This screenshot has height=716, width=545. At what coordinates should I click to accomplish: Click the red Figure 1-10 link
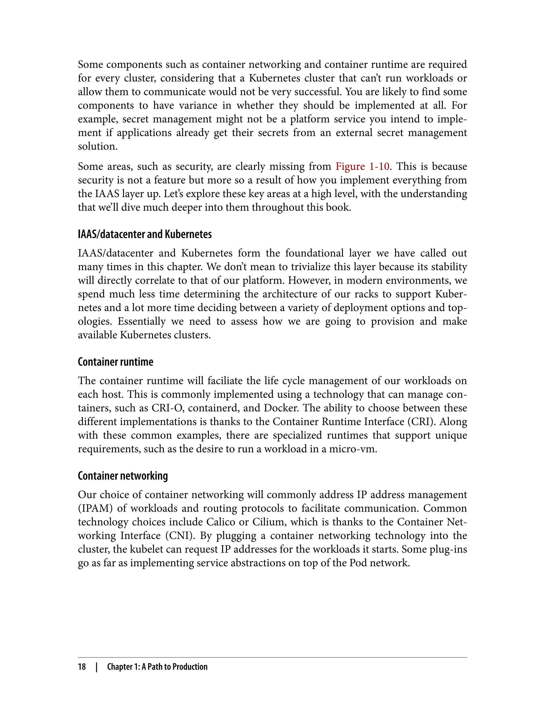pos(362,166)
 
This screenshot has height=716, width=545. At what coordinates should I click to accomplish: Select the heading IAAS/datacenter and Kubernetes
pos(145,234)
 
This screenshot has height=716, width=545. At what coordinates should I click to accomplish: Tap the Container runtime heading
pos(115,362)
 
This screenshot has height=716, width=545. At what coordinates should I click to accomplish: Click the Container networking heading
pos(123,476)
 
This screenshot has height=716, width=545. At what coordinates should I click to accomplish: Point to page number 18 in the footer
pos(82,667)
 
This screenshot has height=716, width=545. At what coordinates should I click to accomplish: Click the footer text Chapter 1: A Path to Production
pos(157,667)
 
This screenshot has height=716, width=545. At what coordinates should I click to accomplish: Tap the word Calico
pos(220,522)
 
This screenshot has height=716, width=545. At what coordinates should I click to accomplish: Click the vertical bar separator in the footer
pos(96,667)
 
